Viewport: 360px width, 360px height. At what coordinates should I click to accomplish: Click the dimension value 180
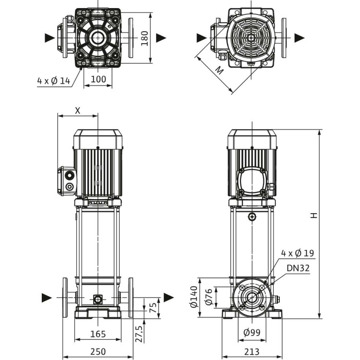tap(144, 38)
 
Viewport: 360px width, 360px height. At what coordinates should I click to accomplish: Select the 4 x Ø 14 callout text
tap(54, 81)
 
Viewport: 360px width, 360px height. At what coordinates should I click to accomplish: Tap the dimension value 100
tap(98, 79)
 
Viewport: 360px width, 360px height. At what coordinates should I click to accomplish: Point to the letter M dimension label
tap(218, 71)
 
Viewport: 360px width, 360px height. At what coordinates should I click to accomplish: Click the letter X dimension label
tap(78, 109)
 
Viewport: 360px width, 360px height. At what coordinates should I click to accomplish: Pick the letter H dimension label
tap(313, 215)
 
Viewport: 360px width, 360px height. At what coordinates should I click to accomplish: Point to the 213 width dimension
tap(252, 351)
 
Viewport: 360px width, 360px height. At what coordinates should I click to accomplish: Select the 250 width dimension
tap(97, 351)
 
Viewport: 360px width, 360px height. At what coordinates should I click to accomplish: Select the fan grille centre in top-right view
tap(252, 37)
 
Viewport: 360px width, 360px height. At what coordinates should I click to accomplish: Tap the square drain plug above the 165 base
tap(98, 300)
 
